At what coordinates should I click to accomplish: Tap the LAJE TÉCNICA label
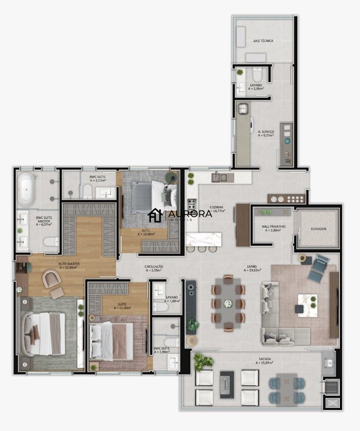[263, 41]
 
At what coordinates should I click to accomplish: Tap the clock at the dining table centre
[228, 303]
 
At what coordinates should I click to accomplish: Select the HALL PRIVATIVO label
[273, 226]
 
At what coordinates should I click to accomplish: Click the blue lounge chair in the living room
[318, 268]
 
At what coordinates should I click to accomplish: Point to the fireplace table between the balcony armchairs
[227, 384]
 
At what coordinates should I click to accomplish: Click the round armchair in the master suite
[52, 278]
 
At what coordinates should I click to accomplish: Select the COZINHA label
[216, 207]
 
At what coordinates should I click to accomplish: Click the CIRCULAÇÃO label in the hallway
[154, 266]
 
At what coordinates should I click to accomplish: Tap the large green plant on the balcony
[204, 361]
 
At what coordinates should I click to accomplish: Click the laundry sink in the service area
[244, 109]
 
